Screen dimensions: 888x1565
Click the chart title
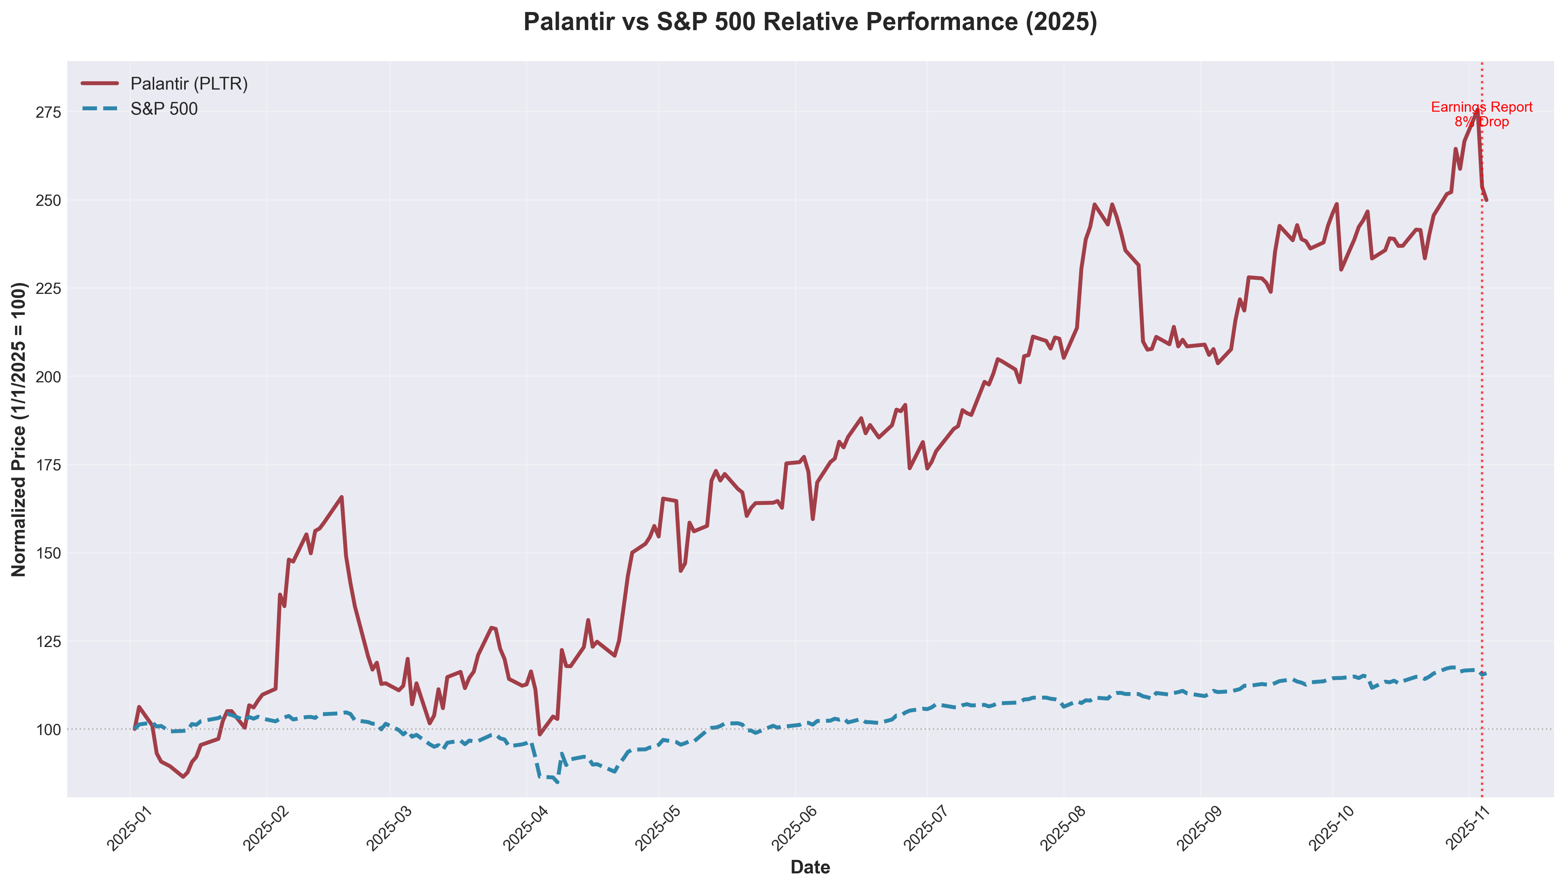(x=810, y=22)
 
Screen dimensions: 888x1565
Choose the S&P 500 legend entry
(x=164, y=109)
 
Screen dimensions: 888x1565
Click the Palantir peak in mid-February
(x=342, y=497)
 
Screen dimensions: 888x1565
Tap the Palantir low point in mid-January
(x=182, y=776)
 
